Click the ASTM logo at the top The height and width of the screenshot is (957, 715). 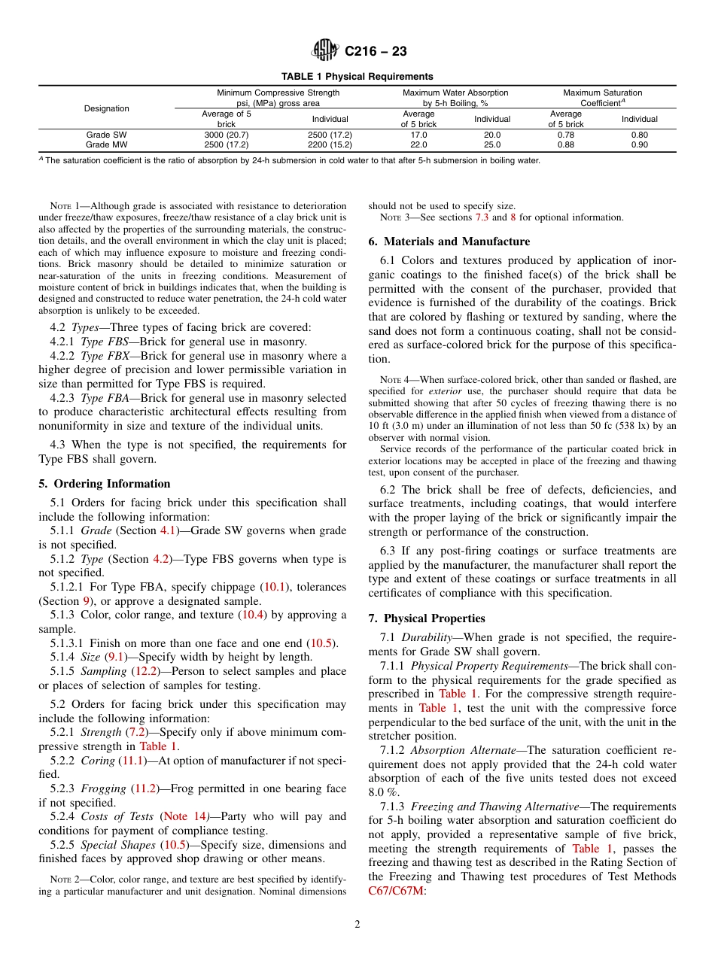[x=324, y=51]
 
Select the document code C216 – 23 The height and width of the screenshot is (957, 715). [x=376, y=51]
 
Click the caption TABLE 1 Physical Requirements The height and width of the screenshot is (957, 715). [x=357, y=77]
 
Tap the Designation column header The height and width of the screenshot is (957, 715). [x=107, y=108]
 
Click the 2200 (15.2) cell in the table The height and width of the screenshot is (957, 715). [x=330, y=144]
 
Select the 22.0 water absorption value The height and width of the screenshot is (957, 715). [x=418, y=144]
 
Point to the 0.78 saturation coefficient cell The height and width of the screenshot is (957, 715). [x=565, y=135]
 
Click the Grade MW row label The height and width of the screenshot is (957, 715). [x=107, y=144]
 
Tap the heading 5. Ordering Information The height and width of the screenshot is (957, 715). [x=104, y=484]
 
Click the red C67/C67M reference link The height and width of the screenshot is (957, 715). [x=396, y=891]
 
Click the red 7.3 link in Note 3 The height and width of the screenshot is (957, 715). [x=482, y=217]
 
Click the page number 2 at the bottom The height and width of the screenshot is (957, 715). [x=357, y=925]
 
